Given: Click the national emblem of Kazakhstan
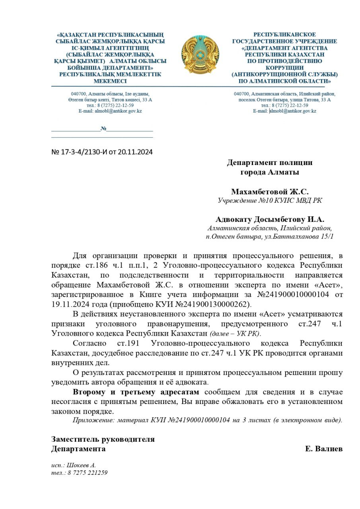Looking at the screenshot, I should click(200, 54).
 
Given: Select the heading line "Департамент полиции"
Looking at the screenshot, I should click(270, 162).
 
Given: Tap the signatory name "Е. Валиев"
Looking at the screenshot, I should click(324, 449).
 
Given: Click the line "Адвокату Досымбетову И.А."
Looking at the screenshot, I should click(270, 219).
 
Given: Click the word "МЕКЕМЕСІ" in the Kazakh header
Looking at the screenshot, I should click(110, 81).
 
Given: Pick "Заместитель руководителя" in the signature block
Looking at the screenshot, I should click(103, 439).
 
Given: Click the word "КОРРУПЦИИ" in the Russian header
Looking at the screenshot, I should click(284, 68).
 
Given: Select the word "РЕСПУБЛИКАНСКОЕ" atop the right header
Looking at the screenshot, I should click(284, 35).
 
